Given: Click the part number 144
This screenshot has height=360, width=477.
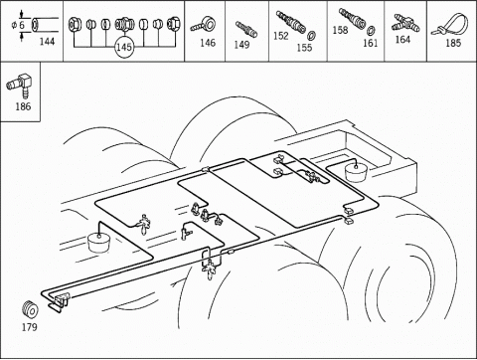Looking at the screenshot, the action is [x=47, y=42].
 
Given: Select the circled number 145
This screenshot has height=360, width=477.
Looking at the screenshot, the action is [x=124, y=47].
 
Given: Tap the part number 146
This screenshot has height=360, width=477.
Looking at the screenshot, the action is [x=208, y=43].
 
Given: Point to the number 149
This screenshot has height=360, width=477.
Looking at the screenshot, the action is [x=241, y=45].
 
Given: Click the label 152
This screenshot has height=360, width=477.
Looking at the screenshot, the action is [x=281, y=36].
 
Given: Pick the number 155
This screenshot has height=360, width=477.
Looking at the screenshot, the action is [x=304, y=48].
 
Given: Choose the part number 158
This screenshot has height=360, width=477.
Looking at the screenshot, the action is [x=340, y=30].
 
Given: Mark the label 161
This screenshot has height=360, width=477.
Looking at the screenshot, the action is [x=371, y=43].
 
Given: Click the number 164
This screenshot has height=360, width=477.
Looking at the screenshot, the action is [x=402, y=40].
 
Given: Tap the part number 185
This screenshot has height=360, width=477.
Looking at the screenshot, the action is [x=453, y=43].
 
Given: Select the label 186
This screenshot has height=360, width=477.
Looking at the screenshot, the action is [x=23, y=106].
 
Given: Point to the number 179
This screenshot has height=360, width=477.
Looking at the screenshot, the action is [x=30, y=327].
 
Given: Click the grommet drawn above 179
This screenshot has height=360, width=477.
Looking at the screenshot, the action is [x=30, y=309].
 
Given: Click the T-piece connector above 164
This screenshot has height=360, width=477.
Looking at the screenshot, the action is [x=406, y=24].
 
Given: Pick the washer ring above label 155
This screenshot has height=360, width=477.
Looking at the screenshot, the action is [x=311, y=35].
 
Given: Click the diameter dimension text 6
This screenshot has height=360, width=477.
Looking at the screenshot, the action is [x=21, y=25].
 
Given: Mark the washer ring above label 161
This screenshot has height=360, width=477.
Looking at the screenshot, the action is [x=372, y=31].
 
